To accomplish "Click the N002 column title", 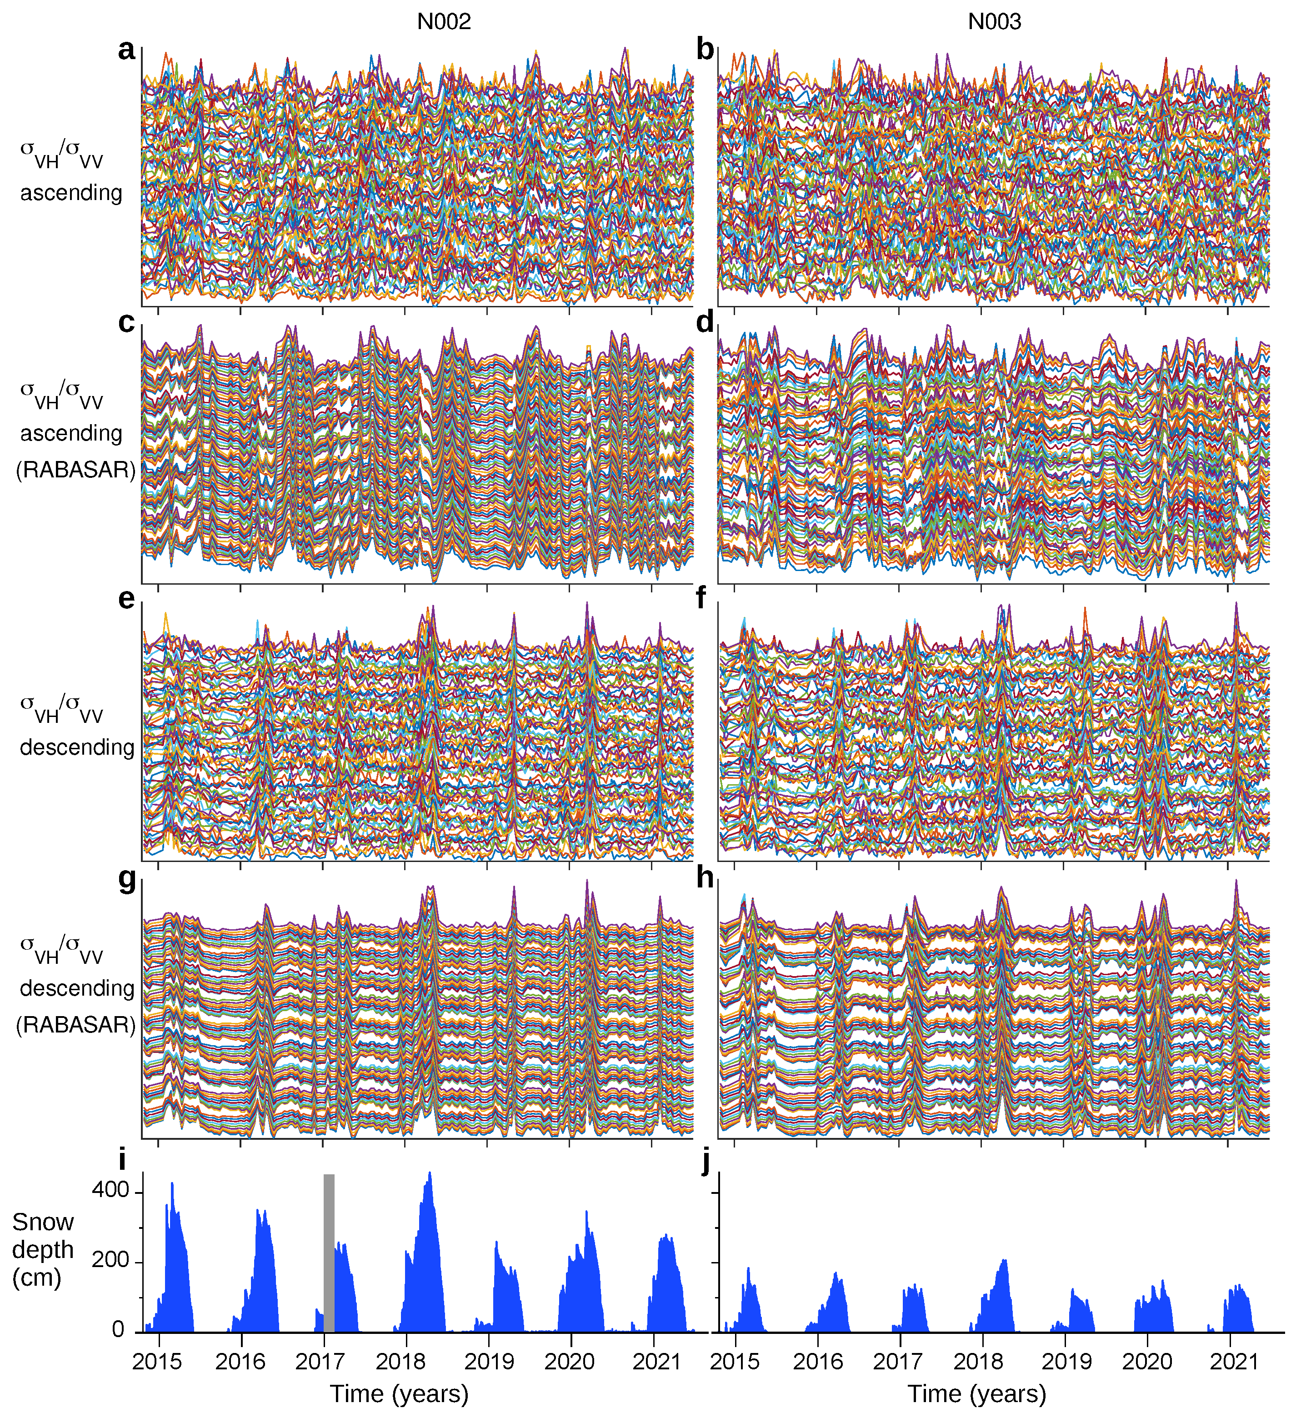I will [x=444, y=22].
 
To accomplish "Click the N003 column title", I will [x=994, y=22].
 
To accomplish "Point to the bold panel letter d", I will [x=705, y=323].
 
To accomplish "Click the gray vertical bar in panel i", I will [x=329, y=1253].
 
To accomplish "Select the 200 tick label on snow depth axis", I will [x=110, y=1260].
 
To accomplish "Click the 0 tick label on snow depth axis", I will [x=118, y=1330].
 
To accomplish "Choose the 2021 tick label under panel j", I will [x=1233, y=1361].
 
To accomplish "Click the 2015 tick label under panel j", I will [x=735, y=1361].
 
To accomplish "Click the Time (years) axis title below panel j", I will [x=977, y=1393].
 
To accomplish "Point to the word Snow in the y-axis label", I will [x=43, y=1222].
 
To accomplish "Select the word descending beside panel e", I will [x=77, y=747].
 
